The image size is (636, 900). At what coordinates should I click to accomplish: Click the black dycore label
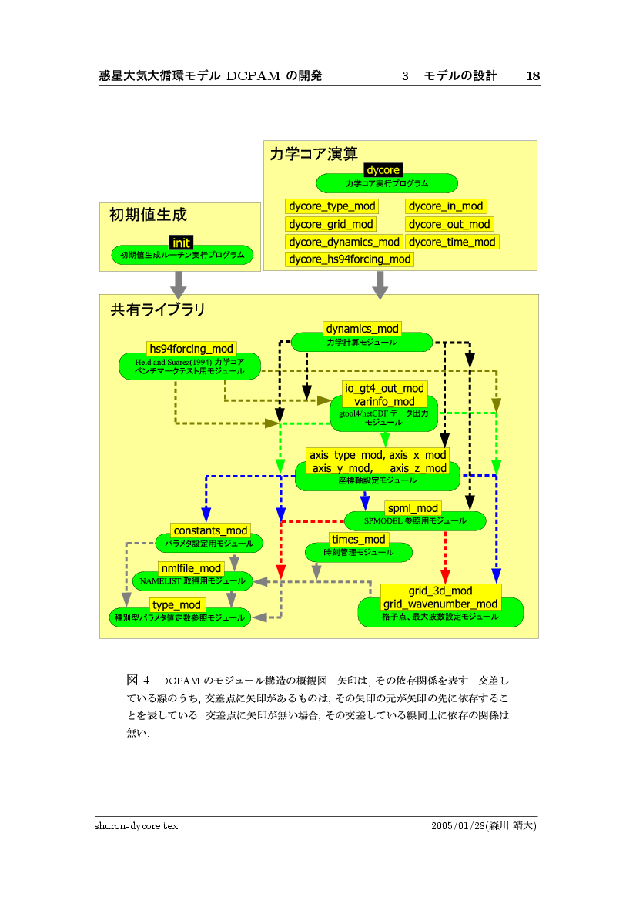pos(383,169)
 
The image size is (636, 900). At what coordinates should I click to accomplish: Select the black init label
pos(181,243)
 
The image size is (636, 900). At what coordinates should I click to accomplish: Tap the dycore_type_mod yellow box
pos(331,206)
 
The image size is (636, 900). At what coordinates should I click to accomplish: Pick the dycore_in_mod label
pos(446,206)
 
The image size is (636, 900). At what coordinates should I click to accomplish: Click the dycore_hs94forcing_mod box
pos(350,259)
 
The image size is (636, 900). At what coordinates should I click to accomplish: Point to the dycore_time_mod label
pos(452,242)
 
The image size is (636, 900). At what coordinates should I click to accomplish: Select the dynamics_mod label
pos(362,329)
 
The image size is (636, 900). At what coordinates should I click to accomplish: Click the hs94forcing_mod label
pos(191,349)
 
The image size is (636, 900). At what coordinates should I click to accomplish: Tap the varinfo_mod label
pos(384,401)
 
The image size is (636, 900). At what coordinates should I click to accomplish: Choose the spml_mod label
pos(413,508)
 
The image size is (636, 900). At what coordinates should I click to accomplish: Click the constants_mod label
pos(210,530)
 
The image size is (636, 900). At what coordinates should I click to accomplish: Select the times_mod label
pos(358,539)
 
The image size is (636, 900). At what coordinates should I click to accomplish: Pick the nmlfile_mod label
pos(191,568)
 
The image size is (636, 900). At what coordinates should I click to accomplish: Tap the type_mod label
pos(176,605)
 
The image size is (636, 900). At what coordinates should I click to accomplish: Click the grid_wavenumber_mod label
pos(440,604)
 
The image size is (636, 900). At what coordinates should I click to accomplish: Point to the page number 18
pos(532,75)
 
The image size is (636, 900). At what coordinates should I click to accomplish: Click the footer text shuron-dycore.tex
pos(136,825)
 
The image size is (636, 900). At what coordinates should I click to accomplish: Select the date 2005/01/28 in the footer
pos(454,825)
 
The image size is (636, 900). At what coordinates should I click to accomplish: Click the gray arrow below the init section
pos(179,285)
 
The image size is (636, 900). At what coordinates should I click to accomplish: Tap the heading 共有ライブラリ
pos(158,310)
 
